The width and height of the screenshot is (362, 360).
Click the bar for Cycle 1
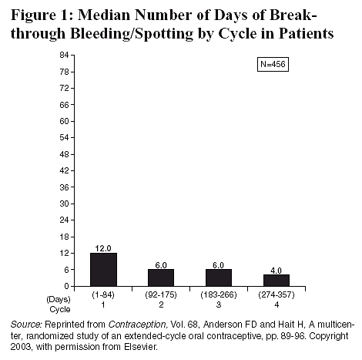103,269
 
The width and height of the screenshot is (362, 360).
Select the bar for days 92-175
161,278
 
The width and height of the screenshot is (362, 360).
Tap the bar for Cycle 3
219,278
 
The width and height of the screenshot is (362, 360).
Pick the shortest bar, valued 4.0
277,281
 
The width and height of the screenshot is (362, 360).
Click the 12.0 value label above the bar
103,248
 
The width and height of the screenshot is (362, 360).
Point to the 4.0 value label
276,271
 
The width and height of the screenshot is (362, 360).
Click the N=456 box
273,64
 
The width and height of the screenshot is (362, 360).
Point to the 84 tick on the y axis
64,55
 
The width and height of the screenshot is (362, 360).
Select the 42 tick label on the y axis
64,170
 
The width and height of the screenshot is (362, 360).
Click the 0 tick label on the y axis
67,286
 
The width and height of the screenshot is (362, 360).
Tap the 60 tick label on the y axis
64,121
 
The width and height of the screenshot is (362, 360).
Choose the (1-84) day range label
103,294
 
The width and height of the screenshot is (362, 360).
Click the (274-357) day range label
277,294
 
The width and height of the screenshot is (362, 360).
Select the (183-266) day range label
219,294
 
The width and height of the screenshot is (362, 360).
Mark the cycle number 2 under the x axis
161,304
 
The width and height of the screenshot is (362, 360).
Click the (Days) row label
59,299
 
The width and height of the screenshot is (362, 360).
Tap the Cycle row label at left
60,309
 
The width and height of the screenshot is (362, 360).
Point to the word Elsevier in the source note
140,347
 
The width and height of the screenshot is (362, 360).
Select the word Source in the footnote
26,325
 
